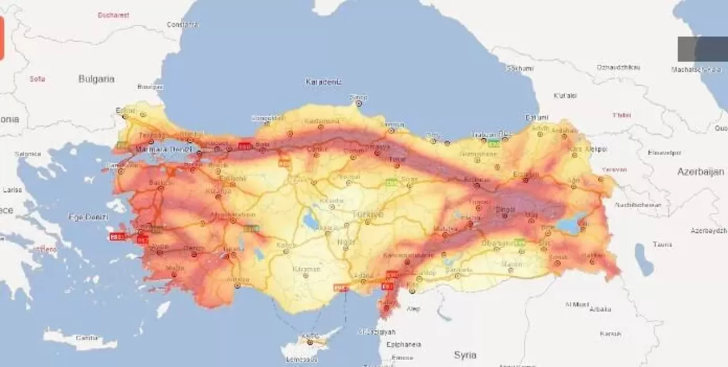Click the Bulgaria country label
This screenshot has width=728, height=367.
click(x=96, y=79)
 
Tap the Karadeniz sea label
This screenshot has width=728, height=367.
click(x=324, y=82)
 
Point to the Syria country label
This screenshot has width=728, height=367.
click(x=465, y=355)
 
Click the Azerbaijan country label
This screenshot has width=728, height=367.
click(x=700, y=172)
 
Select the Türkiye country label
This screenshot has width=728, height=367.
click(x=367, y=214)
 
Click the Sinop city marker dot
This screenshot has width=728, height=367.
click(x=358, y=103)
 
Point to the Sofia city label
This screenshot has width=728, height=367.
click(x=38, y=79)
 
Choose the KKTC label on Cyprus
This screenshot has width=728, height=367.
click(x=311, y=336)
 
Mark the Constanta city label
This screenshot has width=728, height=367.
click(x=183, y=24)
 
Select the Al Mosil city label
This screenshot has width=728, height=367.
click(x=577, y=304)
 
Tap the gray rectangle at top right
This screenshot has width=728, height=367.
click(x=702, y=49)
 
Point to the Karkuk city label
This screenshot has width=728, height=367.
click(x=610, y=333)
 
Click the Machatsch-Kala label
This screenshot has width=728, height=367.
click(x=696, y=69)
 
